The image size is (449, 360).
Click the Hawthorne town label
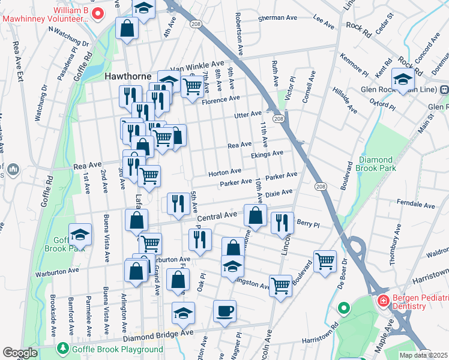coord(125,77)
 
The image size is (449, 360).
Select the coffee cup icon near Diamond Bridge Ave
coord(224,311)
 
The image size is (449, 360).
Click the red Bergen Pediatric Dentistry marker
coord(382,299)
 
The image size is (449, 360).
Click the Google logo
coord(20,353)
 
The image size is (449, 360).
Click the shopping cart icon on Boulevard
coord(325,261)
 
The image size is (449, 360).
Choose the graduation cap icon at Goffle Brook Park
coord(80,234)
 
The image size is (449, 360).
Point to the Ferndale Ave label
coord(414,205)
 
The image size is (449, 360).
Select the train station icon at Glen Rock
coord(444,90)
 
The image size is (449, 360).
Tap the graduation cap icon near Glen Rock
coord(402,78)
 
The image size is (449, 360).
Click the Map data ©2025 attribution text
coord(423,355)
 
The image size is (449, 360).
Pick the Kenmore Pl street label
coord(354,65)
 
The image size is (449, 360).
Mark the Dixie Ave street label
coord(279,193)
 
